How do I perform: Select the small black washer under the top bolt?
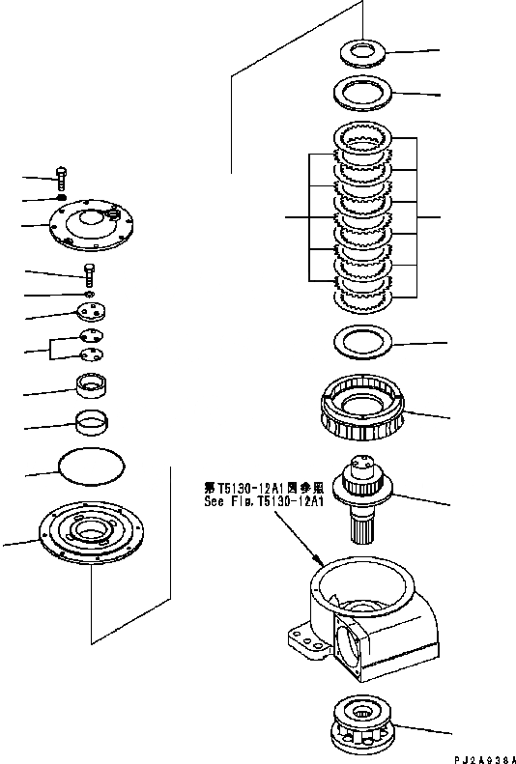(x=60, y=199)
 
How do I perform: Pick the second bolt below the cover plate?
(x=89, y=274)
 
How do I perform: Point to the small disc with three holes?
(x=90, y=312)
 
